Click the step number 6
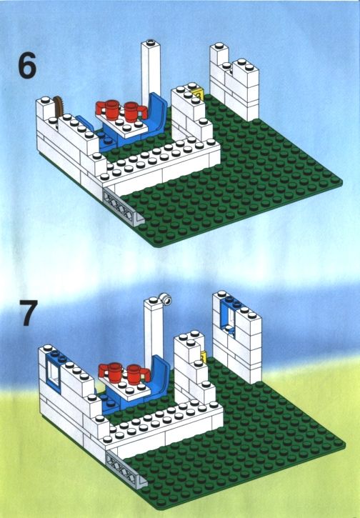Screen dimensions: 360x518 tap(27, 66)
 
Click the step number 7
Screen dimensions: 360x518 tap(29, 312)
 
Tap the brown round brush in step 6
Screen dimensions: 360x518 tap(59, 106)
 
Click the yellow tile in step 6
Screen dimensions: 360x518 tap(199, 94)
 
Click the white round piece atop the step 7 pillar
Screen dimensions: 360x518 tap(166, 299)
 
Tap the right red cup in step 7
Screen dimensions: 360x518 tap(137, 374)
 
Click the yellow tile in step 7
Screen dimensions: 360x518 tap(203, 357)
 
